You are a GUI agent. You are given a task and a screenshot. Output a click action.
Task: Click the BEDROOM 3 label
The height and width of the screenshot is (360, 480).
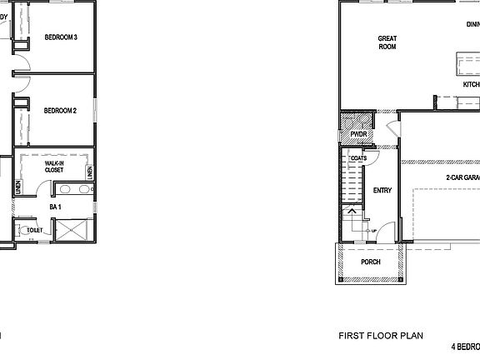click(61, 37)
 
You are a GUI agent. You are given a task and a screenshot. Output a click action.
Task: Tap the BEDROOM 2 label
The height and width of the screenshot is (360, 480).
click(61, 110)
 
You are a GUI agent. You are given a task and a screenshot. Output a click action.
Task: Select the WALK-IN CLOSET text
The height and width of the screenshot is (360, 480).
click(54, 167)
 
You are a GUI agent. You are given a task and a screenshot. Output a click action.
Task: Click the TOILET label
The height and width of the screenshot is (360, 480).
click(35, 230)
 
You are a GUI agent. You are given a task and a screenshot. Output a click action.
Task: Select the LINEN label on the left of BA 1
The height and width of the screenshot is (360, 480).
click(18, 188)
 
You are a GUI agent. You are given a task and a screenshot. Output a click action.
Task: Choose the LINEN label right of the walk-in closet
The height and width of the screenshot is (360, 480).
click(89, 172)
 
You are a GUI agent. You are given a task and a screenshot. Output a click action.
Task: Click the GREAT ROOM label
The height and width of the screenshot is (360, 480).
click(387, 42)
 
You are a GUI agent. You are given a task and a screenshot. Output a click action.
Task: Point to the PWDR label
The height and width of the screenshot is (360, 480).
click(359, 133)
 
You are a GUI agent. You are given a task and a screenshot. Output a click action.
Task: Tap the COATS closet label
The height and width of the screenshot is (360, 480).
click(360, 157)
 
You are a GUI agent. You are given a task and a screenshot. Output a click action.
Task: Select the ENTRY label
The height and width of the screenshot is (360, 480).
click(382, 190)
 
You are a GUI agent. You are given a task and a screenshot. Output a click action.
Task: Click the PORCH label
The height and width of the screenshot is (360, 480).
click(371, 262)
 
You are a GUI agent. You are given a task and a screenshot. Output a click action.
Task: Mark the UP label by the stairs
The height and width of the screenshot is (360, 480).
click(373, 231)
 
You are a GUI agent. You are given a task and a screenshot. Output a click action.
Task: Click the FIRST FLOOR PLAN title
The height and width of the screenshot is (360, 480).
click(380, 336)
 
